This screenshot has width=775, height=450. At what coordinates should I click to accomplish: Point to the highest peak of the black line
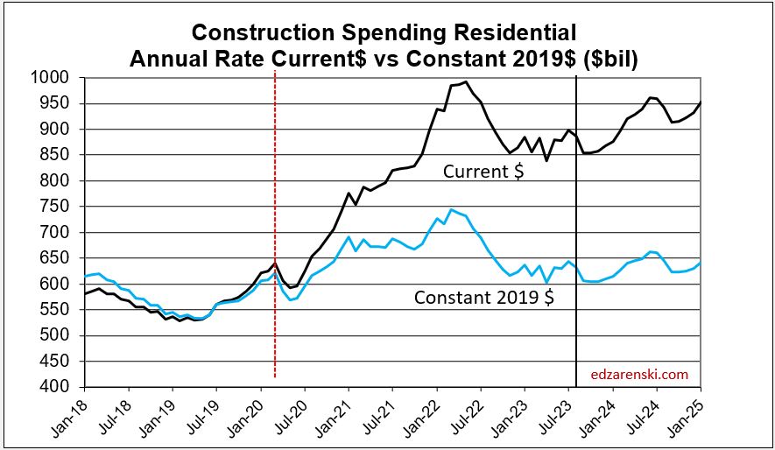coord(466,82)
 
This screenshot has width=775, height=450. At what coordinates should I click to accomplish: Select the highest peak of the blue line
coord(451,209)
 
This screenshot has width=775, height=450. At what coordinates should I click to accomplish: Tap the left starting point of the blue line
coord(85,277)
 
